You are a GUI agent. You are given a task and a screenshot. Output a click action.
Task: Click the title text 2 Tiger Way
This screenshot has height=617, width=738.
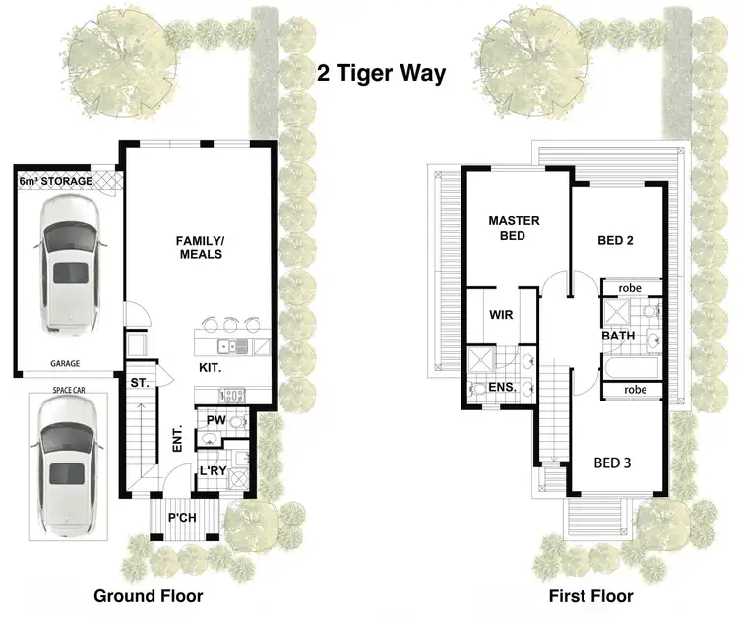pyautogui.click(x=382, y=73)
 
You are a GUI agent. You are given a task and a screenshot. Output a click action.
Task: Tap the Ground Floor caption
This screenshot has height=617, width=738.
pyautogui.click(x=148, y=595)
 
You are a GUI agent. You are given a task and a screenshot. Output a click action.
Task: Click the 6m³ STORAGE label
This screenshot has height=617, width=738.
pyautogui.click(x=56, y=182)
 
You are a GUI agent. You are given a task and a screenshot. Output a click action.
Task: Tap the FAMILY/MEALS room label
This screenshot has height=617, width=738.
pyautogui.click(x=199, y=247)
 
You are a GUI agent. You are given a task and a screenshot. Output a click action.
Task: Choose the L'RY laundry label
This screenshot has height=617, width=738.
pyautogui.click(x=214, y=471)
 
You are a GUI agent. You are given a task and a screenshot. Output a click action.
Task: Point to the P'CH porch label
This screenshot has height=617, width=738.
pyautogui.click(x=179, y=517)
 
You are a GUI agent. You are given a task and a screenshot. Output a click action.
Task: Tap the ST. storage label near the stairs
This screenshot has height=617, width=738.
pyautogui.click(x=138, y=383)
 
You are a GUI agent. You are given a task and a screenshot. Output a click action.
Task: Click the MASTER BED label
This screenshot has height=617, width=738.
pyautogui.click(x=514, y=228)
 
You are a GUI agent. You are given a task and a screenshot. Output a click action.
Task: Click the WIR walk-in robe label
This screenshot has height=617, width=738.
pyautogui.click(x=500, y=315)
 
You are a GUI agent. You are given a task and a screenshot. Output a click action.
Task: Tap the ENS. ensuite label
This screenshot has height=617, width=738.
pyautogui.click(x=502, y=388)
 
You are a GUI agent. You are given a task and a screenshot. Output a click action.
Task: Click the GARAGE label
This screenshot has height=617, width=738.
pyautogui.click(x=66, y=363)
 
